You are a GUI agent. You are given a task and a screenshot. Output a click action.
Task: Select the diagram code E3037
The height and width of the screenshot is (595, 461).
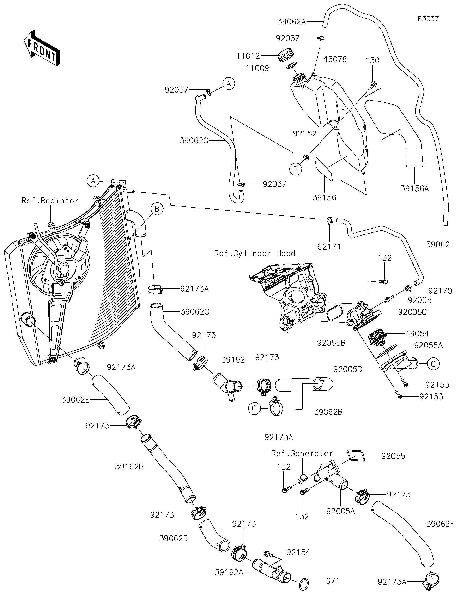428,19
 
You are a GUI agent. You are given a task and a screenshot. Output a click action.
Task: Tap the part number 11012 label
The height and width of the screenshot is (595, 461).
248,56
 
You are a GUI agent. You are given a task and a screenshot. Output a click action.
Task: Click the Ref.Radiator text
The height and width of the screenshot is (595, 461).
50,201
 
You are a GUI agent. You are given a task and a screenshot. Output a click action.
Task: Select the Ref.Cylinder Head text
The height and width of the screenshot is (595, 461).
254,253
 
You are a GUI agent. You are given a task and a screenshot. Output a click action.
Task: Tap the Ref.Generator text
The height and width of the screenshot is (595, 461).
302,453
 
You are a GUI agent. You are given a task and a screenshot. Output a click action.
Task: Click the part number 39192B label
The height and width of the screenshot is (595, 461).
129,467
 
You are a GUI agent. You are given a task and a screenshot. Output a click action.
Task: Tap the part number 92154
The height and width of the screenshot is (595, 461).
298,552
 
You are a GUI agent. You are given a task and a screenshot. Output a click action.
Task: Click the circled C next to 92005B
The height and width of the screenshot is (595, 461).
433,364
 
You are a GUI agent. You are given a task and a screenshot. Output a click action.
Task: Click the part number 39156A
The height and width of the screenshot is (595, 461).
414,189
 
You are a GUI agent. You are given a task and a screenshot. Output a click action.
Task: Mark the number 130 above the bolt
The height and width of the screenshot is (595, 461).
372,60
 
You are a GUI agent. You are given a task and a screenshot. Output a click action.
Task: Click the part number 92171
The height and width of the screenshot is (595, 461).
329,247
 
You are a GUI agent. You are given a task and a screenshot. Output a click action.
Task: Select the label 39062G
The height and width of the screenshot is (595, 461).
194,141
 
